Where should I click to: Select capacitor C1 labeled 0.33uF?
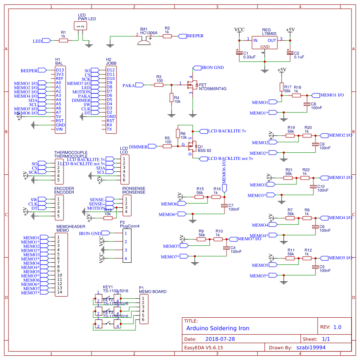[x=239, y=52]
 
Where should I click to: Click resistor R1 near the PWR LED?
[x=63, y=40]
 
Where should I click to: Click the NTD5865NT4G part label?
[x=213, y=89]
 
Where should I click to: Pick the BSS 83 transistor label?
[x=205, y=151]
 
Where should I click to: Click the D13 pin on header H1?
[x=60, y=70]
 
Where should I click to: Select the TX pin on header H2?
[x=109, y=129]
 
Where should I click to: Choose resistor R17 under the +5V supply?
[x=281, y=87]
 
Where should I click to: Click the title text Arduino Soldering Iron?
[x=218, y=328]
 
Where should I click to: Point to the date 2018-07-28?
[x=220, y=339]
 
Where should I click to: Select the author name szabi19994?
[x=311, y=347]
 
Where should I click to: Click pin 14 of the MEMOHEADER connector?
[x=60, y=292]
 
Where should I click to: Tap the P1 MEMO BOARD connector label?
[x=153, y=292]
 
